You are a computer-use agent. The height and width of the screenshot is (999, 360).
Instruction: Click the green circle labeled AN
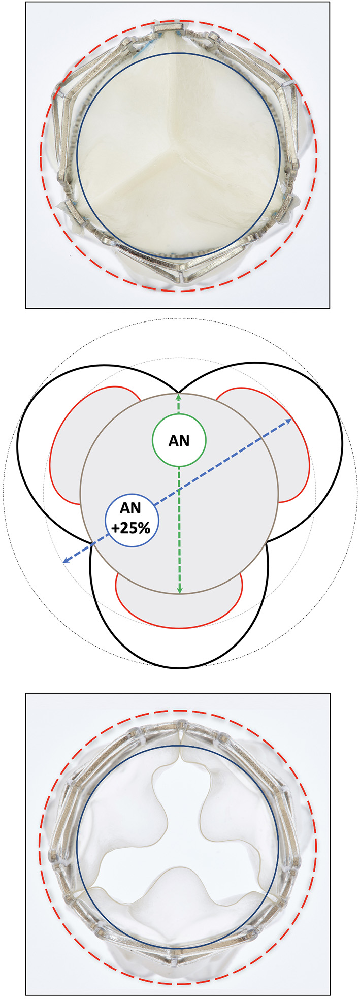pyautogui.click(x=179, y=440)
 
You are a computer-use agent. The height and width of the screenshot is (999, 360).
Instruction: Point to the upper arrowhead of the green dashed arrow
pyautogui.click(x=179, y=395)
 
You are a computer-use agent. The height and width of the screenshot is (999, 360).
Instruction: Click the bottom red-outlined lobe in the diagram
pyautogui.click(x=179, y=609)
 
